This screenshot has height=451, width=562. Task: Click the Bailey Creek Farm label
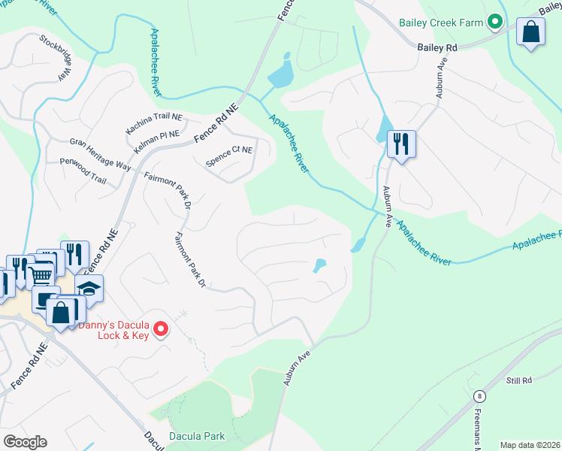442,23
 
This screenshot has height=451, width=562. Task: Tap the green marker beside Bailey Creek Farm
495,23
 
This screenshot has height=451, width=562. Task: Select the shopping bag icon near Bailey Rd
531,33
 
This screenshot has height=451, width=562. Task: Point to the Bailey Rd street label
437,47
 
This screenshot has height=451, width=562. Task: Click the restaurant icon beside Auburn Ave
401,143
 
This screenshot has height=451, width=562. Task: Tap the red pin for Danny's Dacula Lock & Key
160,328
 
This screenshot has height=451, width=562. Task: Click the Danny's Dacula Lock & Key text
113,328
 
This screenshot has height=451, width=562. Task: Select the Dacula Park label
198,435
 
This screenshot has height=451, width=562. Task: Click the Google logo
25,442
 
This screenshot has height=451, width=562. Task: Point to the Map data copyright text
530,445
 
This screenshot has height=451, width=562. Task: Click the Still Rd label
518,381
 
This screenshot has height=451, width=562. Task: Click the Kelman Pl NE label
157,140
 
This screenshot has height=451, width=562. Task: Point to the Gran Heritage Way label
100,153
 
